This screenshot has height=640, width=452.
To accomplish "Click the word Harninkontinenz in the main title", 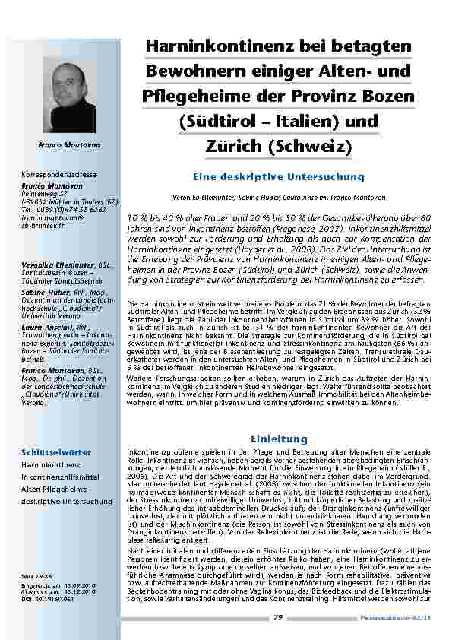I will click(x=216, y=46).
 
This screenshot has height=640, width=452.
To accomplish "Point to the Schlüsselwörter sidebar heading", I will click(x=52, y=450).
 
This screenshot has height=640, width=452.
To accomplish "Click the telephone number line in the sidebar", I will click(x=64, y=209).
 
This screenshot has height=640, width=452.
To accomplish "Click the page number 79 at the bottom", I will click(x=278, y=619).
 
